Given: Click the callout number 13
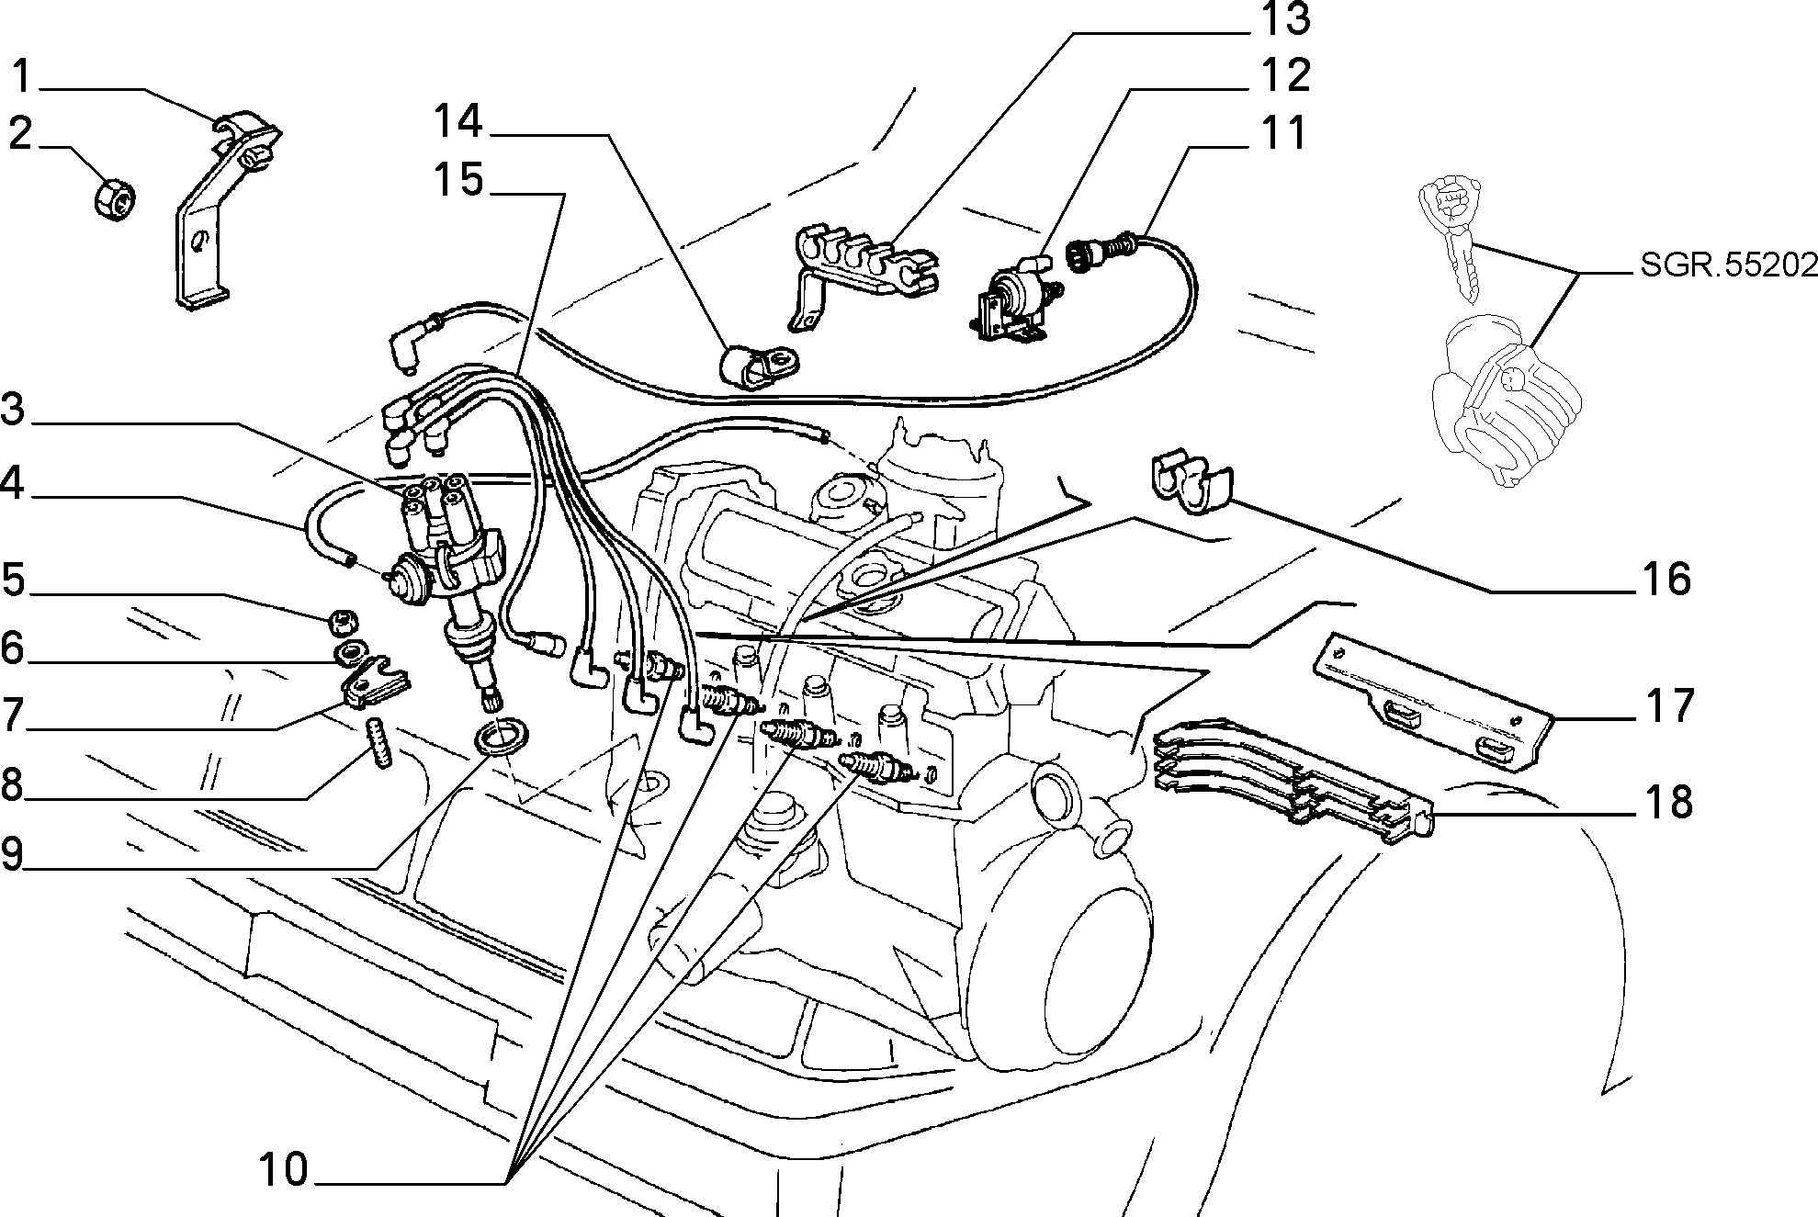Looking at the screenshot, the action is tap(1283, 20).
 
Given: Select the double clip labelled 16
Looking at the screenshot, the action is tap(1191, 480).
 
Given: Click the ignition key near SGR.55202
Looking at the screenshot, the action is tap(1451, 240).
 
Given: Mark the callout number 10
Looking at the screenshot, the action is tap(283, 1170).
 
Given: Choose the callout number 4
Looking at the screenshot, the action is tap(13, 483).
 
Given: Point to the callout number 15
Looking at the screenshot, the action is tap(458, 178).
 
